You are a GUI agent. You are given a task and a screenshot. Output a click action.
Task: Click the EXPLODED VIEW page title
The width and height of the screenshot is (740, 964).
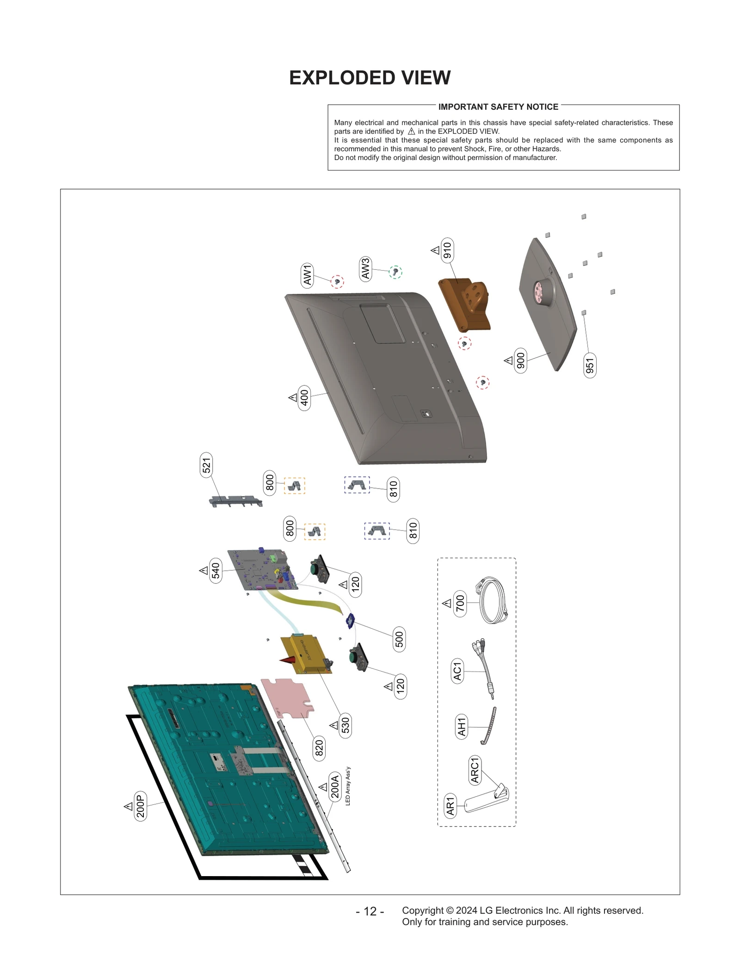coord(370,78)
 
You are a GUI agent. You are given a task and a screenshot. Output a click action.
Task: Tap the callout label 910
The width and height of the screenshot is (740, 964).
coord(447,250)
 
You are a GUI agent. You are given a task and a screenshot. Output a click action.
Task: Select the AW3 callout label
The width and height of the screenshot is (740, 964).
coord(365,269)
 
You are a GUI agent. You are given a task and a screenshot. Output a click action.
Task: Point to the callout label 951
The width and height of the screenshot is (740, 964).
coord(590,365)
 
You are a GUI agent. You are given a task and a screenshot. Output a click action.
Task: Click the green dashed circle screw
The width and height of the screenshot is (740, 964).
coord(395,272)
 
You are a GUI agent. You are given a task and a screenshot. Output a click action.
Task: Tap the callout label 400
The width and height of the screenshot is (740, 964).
coord(304,397)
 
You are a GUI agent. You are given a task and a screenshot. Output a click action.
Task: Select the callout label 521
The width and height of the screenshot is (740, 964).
coord(206,465)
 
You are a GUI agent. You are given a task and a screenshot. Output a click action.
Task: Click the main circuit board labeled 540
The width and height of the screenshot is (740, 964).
coord(263,569)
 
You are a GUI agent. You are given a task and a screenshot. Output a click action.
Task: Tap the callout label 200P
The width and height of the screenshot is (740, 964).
coord(141,806)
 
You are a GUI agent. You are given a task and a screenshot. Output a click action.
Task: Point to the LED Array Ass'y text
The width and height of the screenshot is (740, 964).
coord(348,786)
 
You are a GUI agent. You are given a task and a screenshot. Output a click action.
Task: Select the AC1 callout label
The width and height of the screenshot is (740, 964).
coord(457,671)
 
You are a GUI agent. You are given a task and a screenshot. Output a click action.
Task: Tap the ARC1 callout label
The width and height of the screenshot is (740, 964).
coord(475,770)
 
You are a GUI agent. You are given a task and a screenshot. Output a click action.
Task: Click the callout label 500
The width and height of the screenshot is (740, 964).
coord(399,639)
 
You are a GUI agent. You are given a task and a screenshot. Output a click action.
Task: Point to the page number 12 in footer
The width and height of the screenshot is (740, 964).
coord(370,911)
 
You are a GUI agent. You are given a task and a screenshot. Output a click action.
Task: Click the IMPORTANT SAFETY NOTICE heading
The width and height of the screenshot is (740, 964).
coord(498,107)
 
